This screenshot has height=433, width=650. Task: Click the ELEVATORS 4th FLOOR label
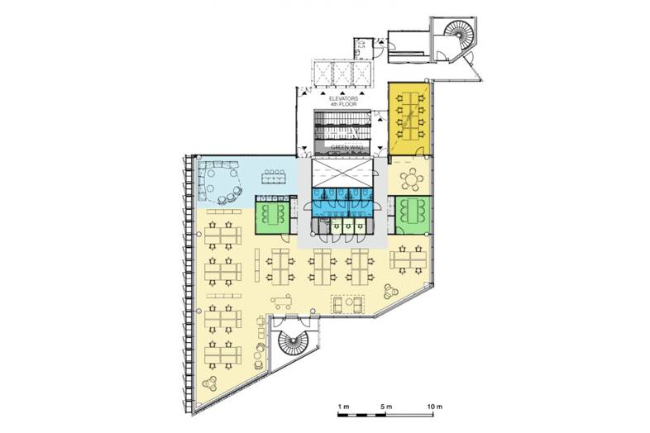[343, 102]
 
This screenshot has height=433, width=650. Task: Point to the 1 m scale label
[343, 407]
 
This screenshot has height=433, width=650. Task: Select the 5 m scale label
[386, 407]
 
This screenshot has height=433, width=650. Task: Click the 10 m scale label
[434, 407]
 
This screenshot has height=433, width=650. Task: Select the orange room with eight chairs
[409, 119]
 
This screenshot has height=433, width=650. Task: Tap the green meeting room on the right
[413, 216]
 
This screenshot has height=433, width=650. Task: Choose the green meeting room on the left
[272, 214]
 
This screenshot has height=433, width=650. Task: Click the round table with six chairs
[411, 179]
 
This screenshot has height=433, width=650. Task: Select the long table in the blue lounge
[273, 178]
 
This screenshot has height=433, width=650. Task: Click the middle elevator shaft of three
[342, 74]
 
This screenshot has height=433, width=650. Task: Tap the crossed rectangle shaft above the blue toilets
[342, 174]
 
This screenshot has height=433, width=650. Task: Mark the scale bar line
[385, 414]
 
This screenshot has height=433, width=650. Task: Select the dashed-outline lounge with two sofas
[348, 305]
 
